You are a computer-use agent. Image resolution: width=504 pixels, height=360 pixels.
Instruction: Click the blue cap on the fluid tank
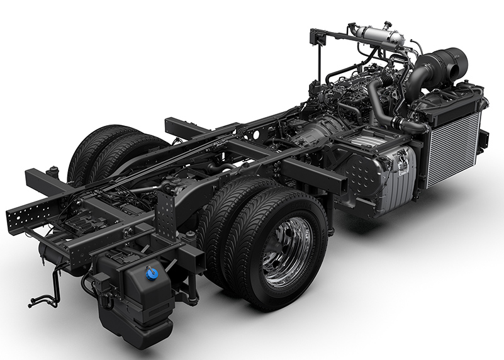click(150, 274)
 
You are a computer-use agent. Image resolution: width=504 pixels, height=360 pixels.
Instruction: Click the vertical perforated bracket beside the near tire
click(168, 214)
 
